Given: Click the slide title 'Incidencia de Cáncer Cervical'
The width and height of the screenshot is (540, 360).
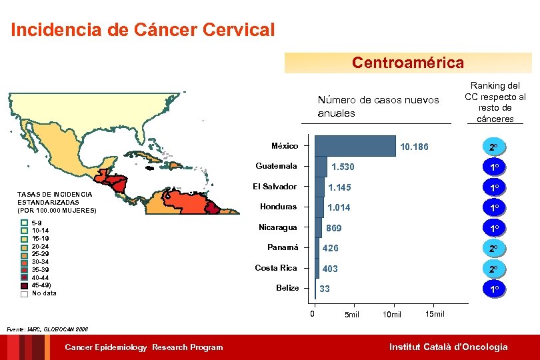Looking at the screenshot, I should (143, 30).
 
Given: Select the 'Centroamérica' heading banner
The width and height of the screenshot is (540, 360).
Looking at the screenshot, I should (407, 63).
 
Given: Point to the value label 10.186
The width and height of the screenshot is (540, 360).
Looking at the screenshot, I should (413, 147).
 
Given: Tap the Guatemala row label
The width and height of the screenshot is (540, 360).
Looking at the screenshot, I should (277, 166).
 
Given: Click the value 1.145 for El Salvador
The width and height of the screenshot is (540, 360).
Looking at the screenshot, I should (339, 187).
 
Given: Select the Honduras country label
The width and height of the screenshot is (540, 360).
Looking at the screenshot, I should (278, 207).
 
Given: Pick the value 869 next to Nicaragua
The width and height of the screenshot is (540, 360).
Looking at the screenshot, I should (333, 228).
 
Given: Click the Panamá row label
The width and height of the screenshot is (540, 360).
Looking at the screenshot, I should (283, 247).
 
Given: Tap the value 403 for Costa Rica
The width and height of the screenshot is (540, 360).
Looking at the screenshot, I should (330, 269).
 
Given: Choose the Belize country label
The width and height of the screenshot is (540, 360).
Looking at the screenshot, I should (287, 288).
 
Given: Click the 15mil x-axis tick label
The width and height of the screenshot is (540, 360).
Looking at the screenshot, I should (434, 314).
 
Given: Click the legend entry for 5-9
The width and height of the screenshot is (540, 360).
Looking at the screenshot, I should (36, 223).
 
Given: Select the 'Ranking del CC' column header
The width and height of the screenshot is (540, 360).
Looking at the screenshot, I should (495, 102).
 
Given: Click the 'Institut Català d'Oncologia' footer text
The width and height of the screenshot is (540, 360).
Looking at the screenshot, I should (448, 347).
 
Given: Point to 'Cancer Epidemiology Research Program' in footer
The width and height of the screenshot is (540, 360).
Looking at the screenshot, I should (143, 347).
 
